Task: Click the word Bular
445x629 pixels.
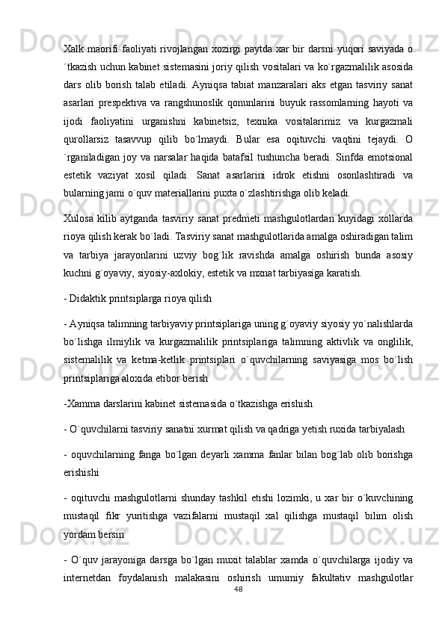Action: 231,137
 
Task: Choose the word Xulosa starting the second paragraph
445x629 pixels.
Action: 80,214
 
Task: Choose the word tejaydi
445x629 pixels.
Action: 371,137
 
